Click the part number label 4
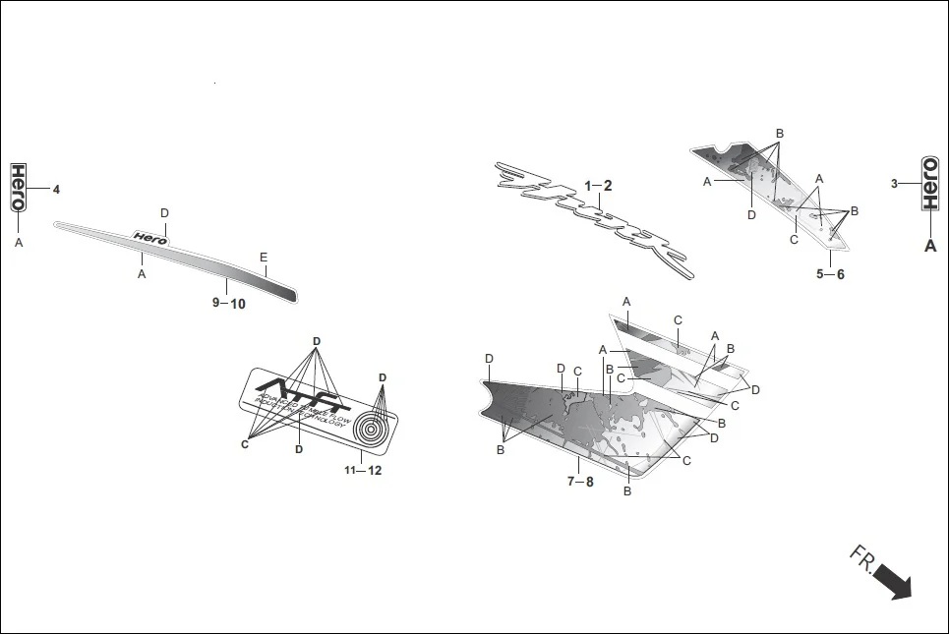pyautogui.click(x=56, y=189)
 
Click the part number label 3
pyautogui.click(x=894, y=184)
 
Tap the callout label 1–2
pyautogui.click(x=598, y=186)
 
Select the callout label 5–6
pyautogui.click(x=830, y=274)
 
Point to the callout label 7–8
pyautogui.click(x=580, y=482)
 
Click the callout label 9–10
pyautogui.click(x=229, y=304)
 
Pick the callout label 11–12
pyautogui.click(x=363, y=471)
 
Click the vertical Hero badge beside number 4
pyautogui.click(x=18, y=187)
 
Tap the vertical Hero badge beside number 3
pyautogui.click(x=929, y=183)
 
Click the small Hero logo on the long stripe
pyautogui.click(x=150, y=237)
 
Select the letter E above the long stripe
pyautogui.click(x=264, y=258)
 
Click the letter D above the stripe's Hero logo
pyautogui.click(x=164, y=213)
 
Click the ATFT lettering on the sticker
pyautogui.click(x=309, y=391)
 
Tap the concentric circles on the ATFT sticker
pyautogui.click(x=372, y=429)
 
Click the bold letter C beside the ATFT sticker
pyautogui.click(x=245, y=444)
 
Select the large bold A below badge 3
pyautogui.click(x=929, y=246)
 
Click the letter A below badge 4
pyautogui.click(x=18, y=241)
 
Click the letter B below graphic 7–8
pyautogui.click(x=627, y=490)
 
